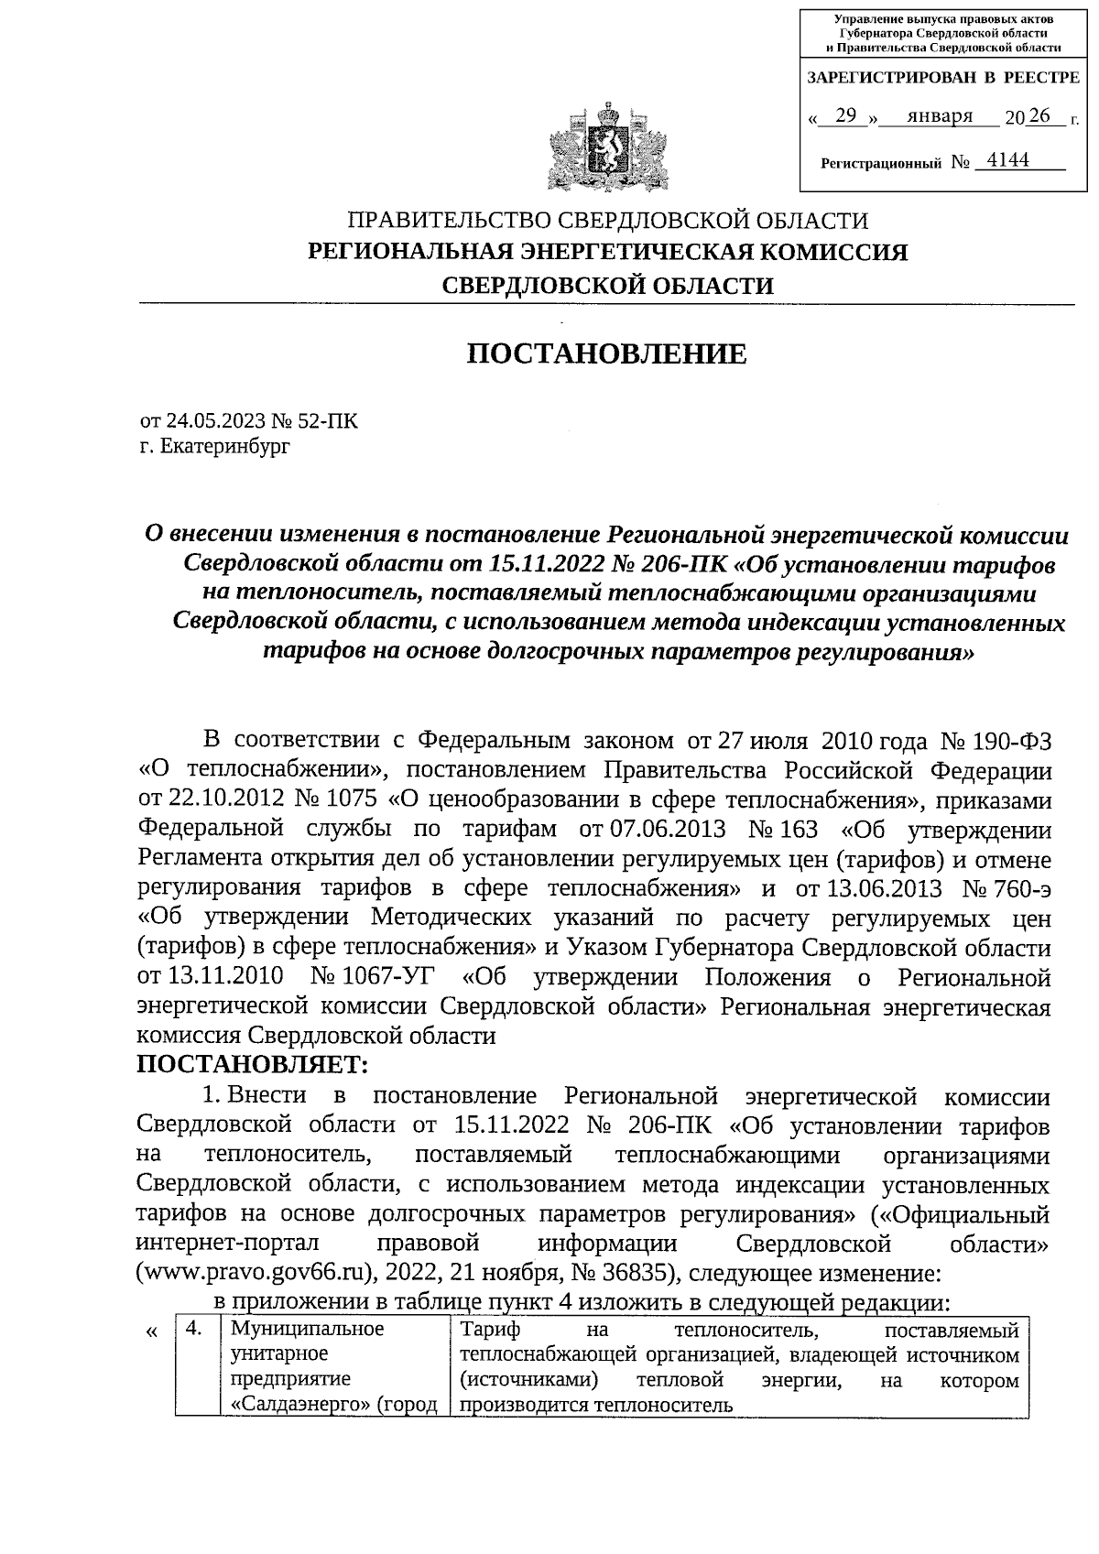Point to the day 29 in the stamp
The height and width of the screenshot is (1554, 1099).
click(846, 116)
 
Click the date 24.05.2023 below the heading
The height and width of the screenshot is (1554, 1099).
click(215, 421)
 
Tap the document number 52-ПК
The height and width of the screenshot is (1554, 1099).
click(327, 421)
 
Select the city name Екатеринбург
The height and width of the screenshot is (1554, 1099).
click(223, 447)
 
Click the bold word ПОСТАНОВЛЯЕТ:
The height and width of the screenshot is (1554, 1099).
click(252, 1065)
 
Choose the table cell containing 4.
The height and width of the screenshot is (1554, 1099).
click(194, 1329)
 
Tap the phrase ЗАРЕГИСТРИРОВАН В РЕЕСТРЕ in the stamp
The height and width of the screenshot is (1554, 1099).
click(942, 78)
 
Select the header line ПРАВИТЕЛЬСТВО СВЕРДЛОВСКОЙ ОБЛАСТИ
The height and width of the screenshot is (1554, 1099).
click(606, 221)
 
